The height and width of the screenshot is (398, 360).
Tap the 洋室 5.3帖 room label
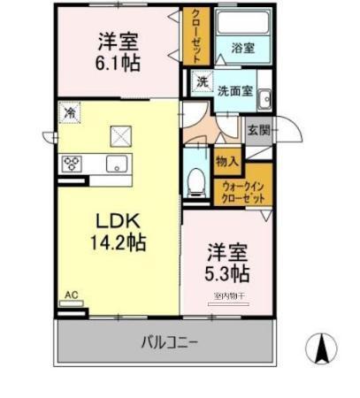pos(227,262)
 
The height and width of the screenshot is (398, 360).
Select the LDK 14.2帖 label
pos(115,229)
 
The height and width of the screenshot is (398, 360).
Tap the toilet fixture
pos(196,181)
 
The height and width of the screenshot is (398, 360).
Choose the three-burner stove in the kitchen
pos(72,164)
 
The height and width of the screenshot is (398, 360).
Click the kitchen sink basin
pos(115,164)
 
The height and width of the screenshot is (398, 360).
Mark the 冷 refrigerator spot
pos(70,112)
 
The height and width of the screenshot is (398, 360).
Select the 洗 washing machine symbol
pos(202,82)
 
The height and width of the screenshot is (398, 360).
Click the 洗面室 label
pos(236,89)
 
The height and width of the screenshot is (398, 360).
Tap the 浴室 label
pos(244,49)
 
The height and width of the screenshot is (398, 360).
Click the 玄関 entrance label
pos(257,131)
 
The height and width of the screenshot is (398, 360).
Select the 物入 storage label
pos(226,161)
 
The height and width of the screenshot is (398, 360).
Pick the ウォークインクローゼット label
pos(243,192)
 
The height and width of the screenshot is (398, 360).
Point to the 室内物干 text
pos(229,296)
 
